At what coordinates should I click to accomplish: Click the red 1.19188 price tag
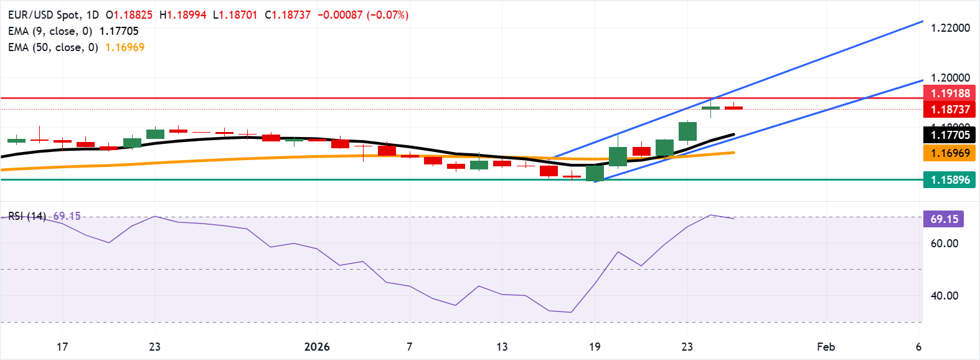tap(950, 93)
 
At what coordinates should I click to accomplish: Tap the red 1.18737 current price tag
tap(950, 110)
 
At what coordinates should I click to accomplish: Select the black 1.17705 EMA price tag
tap(950, 135)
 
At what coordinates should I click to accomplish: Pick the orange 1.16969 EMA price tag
tap(950, 153)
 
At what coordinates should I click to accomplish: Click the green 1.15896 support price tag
tap(950, 180)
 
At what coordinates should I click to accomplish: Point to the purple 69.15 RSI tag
tap(944, 219)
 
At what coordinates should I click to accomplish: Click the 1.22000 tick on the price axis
tap(950, 28)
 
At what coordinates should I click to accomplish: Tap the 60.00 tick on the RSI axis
tap(944, 244)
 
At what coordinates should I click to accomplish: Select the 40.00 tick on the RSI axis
tap(944, 296)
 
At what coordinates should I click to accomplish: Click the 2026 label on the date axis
tap(317, 347)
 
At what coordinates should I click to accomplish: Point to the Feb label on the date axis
tap(826, 347)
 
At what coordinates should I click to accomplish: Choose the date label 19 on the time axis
tap(595, 347)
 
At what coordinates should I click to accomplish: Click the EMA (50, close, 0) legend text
tap(53, 47)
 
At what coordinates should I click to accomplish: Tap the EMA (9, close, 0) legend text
tap(50, 31)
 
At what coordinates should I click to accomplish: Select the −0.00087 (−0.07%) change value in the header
tap(363, 15)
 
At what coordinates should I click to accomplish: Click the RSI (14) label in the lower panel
tap(27, 216)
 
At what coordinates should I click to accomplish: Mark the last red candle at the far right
tap(733, 108)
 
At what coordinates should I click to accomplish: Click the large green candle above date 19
tap(595, 173)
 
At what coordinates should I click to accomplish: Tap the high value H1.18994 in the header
tap(182, 15)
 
